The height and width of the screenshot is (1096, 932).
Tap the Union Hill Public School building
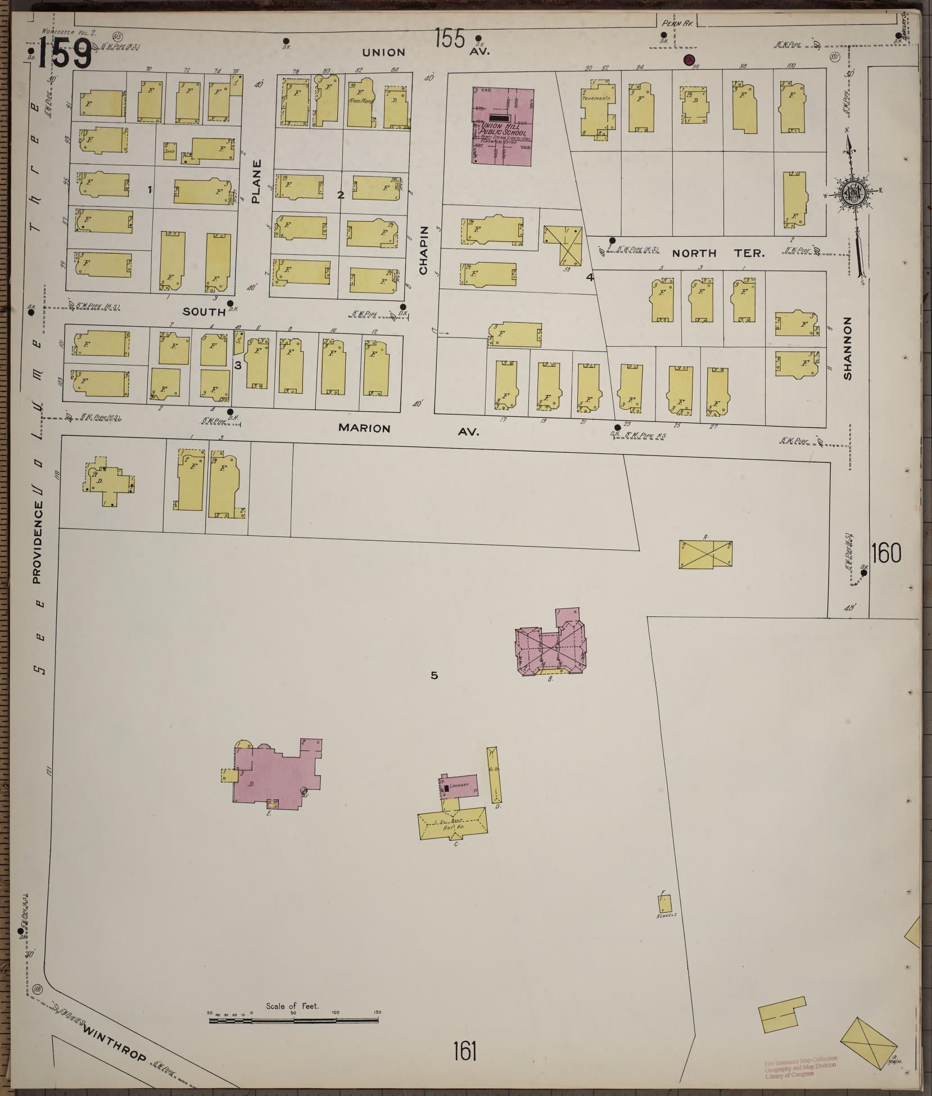point(503,127)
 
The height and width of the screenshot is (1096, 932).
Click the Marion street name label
point(364,429)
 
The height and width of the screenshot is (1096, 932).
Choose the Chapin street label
point(424,250)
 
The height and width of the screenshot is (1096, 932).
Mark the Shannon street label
point(848,349)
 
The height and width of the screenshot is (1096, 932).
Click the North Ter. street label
point(718,254)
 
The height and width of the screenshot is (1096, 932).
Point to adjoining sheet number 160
point(886,553)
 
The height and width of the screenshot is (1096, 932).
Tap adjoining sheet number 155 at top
point(450,40)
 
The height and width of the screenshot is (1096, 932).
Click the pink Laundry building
point(459,786)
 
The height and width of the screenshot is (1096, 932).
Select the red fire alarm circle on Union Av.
point(687,60)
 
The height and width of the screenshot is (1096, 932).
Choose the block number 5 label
point(434,675)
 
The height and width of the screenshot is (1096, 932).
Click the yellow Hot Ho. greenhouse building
point(453,824)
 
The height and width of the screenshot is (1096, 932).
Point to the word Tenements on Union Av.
point(596,98)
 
